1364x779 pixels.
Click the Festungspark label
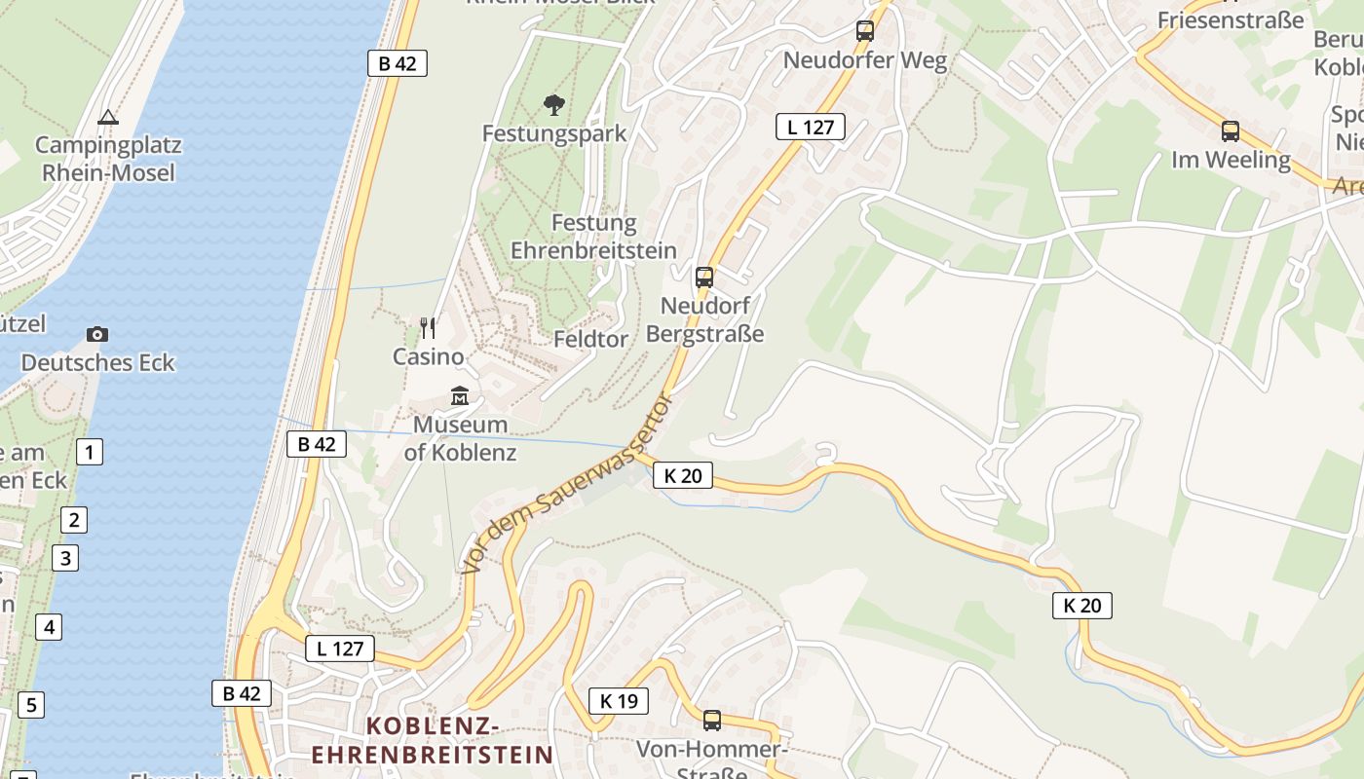point(554,133)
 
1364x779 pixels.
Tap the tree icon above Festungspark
point(554,104)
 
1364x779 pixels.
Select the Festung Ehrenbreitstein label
point(593,237)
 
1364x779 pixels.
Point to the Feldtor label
point(591,339)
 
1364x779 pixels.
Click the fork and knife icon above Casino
point(428,327)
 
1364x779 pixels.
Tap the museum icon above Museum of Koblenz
point(460,396)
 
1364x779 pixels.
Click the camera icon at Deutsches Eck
point(97,334)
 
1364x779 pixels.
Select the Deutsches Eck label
point(97,363)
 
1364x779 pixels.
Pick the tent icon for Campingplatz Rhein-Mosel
point(107,118)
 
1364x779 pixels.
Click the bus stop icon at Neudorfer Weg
point(865,31)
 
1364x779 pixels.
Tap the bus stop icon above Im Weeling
point(1231,131)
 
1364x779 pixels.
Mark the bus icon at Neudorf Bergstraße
point(704,278)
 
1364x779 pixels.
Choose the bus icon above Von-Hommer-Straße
point(712,721)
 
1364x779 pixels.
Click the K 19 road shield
point(619,700)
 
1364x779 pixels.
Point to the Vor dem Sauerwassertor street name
point(569,483)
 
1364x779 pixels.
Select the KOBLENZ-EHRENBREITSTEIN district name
point(433,740)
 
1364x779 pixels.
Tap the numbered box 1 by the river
point(89,452)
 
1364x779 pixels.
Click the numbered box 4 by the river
point(49,626)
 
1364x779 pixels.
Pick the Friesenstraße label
point(1231,20)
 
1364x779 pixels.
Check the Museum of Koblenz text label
point(461,438)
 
